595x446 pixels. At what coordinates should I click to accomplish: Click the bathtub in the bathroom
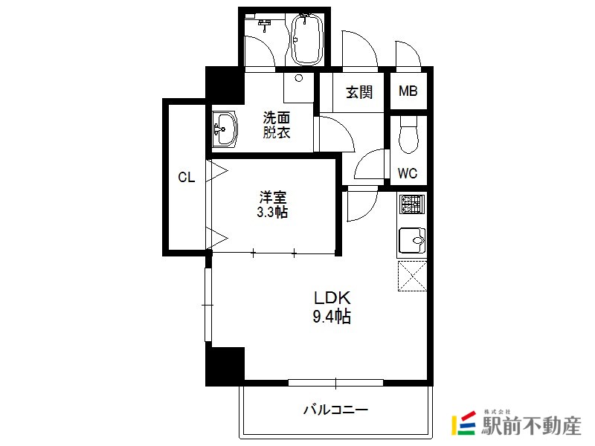coord(307,39)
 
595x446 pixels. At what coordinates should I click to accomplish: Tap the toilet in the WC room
coord(408,135)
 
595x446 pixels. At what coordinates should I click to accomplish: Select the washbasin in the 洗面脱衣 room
coord(225,129)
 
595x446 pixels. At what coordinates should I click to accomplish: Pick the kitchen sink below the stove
coord(412,240)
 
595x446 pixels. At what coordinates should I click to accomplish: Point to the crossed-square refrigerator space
coord(412,276)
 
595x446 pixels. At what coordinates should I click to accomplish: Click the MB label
coord(408,91)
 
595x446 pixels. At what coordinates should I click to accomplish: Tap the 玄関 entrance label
coord(359,91)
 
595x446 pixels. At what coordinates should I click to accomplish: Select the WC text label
coord(408,173)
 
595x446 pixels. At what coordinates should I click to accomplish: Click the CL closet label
coord(187,177)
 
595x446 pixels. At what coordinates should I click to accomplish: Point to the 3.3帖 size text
coord(272,212)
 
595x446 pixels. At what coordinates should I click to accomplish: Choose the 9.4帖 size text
coord(332,317)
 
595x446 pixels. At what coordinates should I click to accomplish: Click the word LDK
coord(332,298)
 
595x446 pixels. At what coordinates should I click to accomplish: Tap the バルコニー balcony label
coord(335,410)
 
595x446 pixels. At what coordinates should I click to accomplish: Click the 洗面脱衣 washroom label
coord(277,125)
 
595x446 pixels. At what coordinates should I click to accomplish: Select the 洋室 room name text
coord(272,198)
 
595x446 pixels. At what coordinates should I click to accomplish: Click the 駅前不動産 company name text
coord(531,425)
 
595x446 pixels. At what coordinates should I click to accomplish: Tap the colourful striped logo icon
coord(463,423)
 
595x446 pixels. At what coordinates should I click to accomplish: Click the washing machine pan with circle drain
coord(299,88)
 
